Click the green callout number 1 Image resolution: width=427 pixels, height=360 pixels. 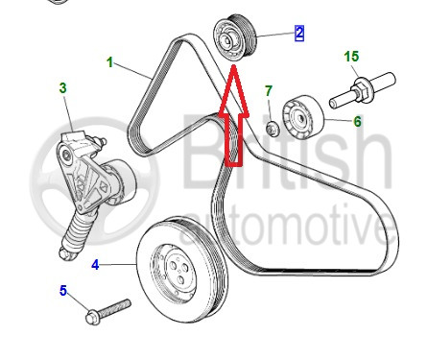[110, 62]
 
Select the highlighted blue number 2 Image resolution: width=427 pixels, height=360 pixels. [299, 34]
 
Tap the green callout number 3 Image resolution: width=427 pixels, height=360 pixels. [63, 88]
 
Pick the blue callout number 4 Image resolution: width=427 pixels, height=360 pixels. [95, 265]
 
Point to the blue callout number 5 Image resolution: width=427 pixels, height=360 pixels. [63, 291]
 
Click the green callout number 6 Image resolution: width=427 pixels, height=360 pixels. [357, 121]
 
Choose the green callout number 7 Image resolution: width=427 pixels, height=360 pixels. [269, 91]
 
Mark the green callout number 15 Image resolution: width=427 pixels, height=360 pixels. [351, 57]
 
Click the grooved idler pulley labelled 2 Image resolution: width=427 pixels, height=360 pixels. [235, 38]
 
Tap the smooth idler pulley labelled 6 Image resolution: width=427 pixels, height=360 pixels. [302, 117]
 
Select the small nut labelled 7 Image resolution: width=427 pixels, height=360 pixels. [273, 129]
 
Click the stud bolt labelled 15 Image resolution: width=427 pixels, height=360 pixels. [363, 90]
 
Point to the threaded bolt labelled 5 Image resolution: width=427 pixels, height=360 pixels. [108, 311]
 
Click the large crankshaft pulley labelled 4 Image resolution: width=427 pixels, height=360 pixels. [182, 270]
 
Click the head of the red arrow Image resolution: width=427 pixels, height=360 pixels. [234, 65]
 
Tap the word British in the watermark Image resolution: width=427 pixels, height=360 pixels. [287, 151]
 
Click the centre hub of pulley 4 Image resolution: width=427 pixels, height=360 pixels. [177, 271]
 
